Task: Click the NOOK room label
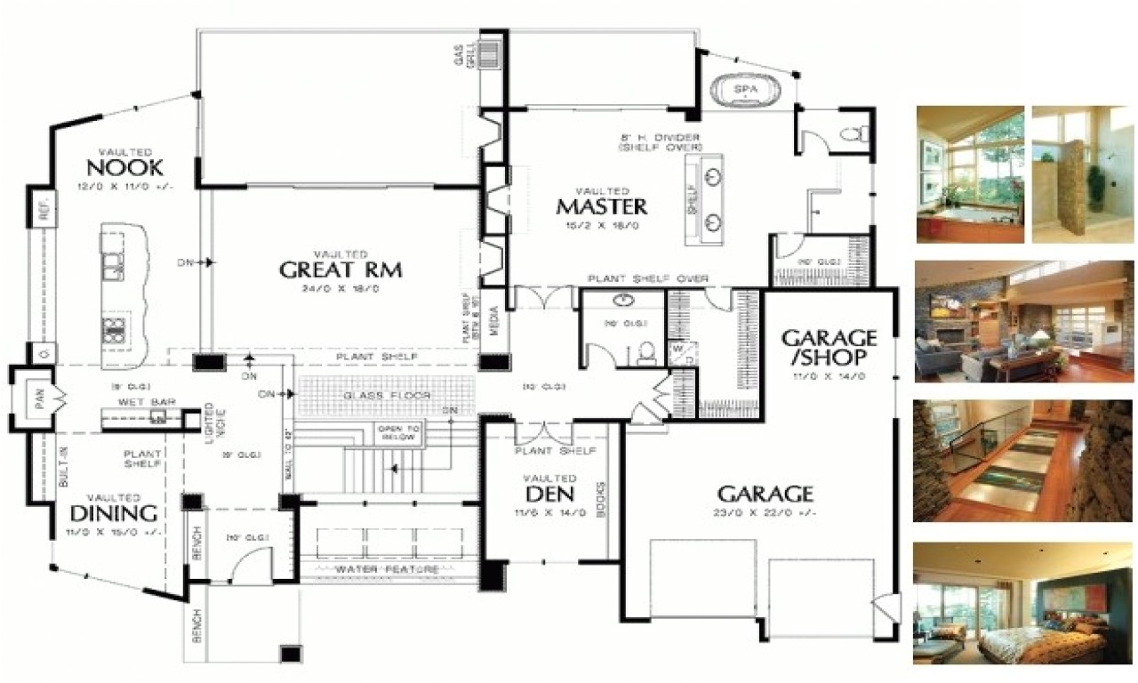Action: click(x=124, y=167)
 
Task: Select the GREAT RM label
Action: click(x=341, y=269)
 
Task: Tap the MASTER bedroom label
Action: click(x=602, y=206)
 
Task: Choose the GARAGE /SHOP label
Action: click(x=829, y=347)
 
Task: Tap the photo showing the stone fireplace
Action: click(x=1022, y=321)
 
